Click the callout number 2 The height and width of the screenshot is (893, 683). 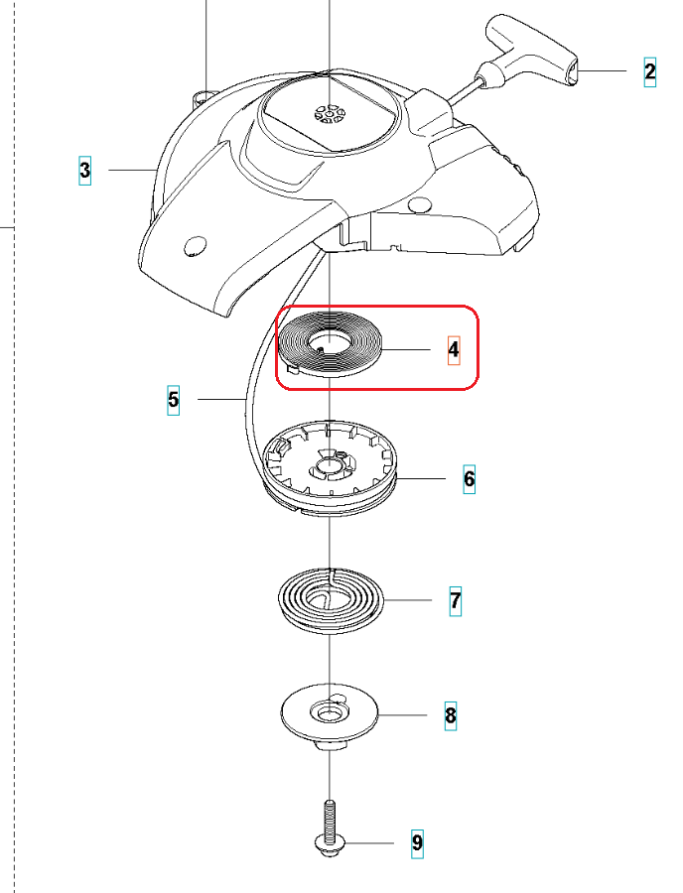(x=650, y=71)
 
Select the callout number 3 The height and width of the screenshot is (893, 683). (x=85, y=171)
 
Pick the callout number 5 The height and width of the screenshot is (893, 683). (x=174, y=400)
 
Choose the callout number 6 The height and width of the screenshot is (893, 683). (x=469, y=479)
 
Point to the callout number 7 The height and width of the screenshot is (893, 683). (x=455, y=601)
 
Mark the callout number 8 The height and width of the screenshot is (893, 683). (x=450, y=714)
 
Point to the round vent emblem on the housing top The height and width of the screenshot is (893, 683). (x=330, y=114)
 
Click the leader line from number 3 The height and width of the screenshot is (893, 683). (x=129, y=171)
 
